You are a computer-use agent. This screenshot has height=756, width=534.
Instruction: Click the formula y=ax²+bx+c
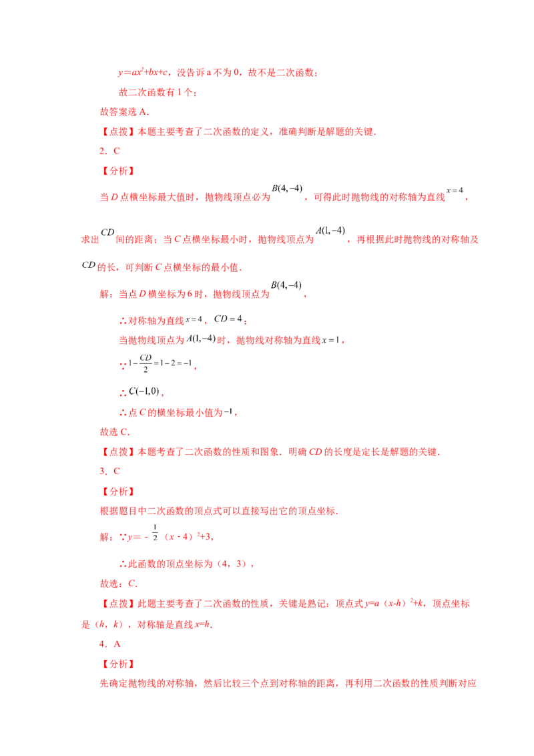(x=143, y=72)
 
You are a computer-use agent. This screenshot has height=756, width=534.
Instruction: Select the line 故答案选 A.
(x=124, y=112)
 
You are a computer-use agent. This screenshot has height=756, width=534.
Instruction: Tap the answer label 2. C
(x=109, y=151)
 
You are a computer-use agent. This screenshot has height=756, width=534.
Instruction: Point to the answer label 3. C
(x=109, y=471)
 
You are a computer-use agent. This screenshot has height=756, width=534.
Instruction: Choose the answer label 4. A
(x=109, y=644)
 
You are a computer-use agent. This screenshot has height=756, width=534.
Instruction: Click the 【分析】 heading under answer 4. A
(x=117, y=664)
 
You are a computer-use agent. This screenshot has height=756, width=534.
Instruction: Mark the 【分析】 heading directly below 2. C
(x=117, y=171)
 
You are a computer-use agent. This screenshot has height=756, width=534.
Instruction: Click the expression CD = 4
(x=228, y=319)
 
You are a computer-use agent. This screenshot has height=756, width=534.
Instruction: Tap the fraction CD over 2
(x=146, y=363)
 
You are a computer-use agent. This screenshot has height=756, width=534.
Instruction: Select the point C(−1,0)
(x=144, y=391)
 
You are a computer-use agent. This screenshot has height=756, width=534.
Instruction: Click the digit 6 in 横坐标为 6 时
(x=190, y=294)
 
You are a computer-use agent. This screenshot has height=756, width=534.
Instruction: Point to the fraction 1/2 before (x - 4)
(x=155, y=532)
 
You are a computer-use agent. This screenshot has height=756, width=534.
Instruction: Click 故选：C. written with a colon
(x=119, y=584)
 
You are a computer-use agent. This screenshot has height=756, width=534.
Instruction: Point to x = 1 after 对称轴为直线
(x=331, y=340)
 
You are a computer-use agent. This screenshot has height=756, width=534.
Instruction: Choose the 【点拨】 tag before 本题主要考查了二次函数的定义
(x=117, y=132)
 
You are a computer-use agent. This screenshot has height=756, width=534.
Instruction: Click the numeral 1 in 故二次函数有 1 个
(x=180, y=92)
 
